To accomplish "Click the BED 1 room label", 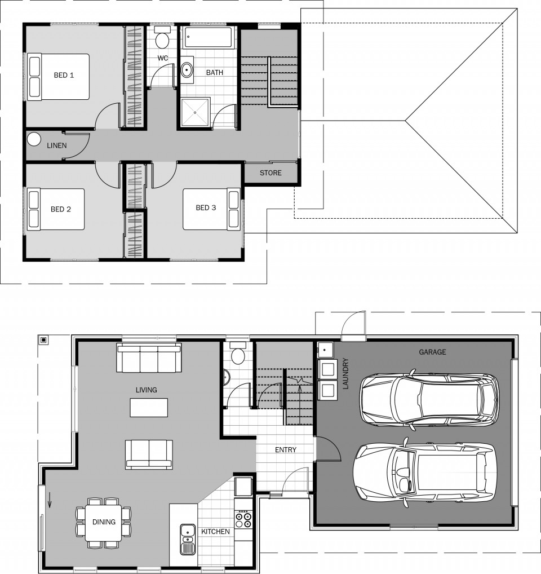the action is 64,76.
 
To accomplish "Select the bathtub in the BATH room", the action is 208,37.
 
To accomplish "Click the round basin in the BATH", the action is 187,69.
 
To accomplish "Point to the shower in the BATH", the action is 196,112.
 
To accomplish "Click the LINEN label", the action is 57,145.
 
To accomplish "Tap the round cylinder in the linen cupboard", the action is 34,139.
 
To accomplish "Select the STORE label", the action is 270,173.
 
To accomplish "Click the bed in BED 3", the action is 211,209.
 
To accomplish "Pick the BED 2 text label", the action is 61,209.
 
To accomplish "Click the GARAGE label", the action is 432,352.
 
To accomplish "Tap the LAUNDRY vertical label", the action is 345,373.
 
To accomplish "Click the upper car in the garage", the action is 429,400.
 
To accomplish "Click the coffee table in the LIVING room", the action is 149,408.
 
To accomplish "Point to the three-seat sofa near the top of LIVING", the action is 149,357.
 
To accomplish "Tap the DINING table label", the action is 104,522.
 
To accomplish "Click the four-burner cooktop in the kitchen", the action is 243,519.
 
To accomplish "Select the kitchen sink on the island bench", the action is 188,539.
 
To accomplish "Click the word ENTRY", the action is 286,450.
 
